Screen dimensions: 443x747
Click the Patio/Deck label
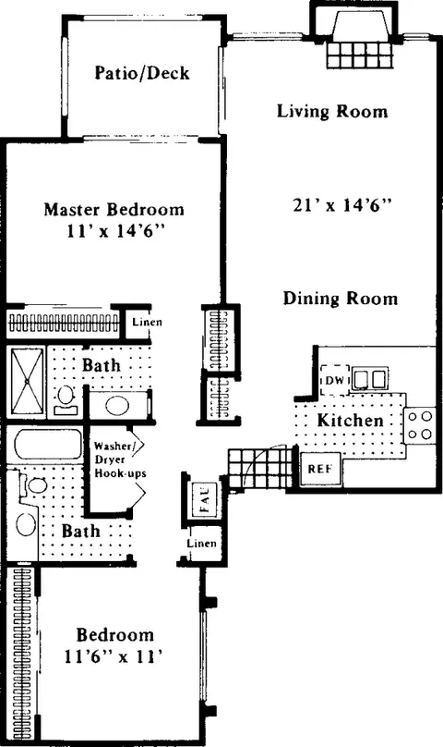(x=142, y=73)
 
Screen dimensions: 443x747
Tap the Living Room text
(x=332, y=111)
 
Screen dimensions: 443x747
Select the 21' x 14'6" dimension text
(x=342, y=205)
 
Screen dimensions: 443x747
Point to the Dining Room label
(x=341, y=299)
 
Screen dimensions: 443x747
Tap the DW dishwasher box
(x=335, y=380)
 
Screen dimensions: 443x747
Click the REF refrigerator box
(x=320, y=469)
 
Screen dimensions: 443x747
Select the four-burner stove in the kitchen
(x=420, y=425)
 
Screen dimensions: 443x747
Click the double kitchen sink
(x=370, y=379)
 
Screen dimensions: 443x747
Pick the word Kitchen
(x=350, y=420)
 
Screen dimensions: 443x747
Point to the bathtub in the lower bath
(x=48, y=445)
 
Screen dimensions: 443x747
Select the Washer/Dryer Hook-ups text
(x=119, y=459)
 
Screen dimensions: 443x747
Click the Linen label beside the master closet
(x=147, y=322)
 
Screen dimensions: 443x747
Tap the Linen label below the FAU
(x=202, y=543)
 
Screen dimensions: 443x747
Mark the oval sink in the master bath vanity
(x=117, y=407)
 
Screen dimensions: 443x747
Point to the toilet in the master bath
(x=66, y=399)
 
